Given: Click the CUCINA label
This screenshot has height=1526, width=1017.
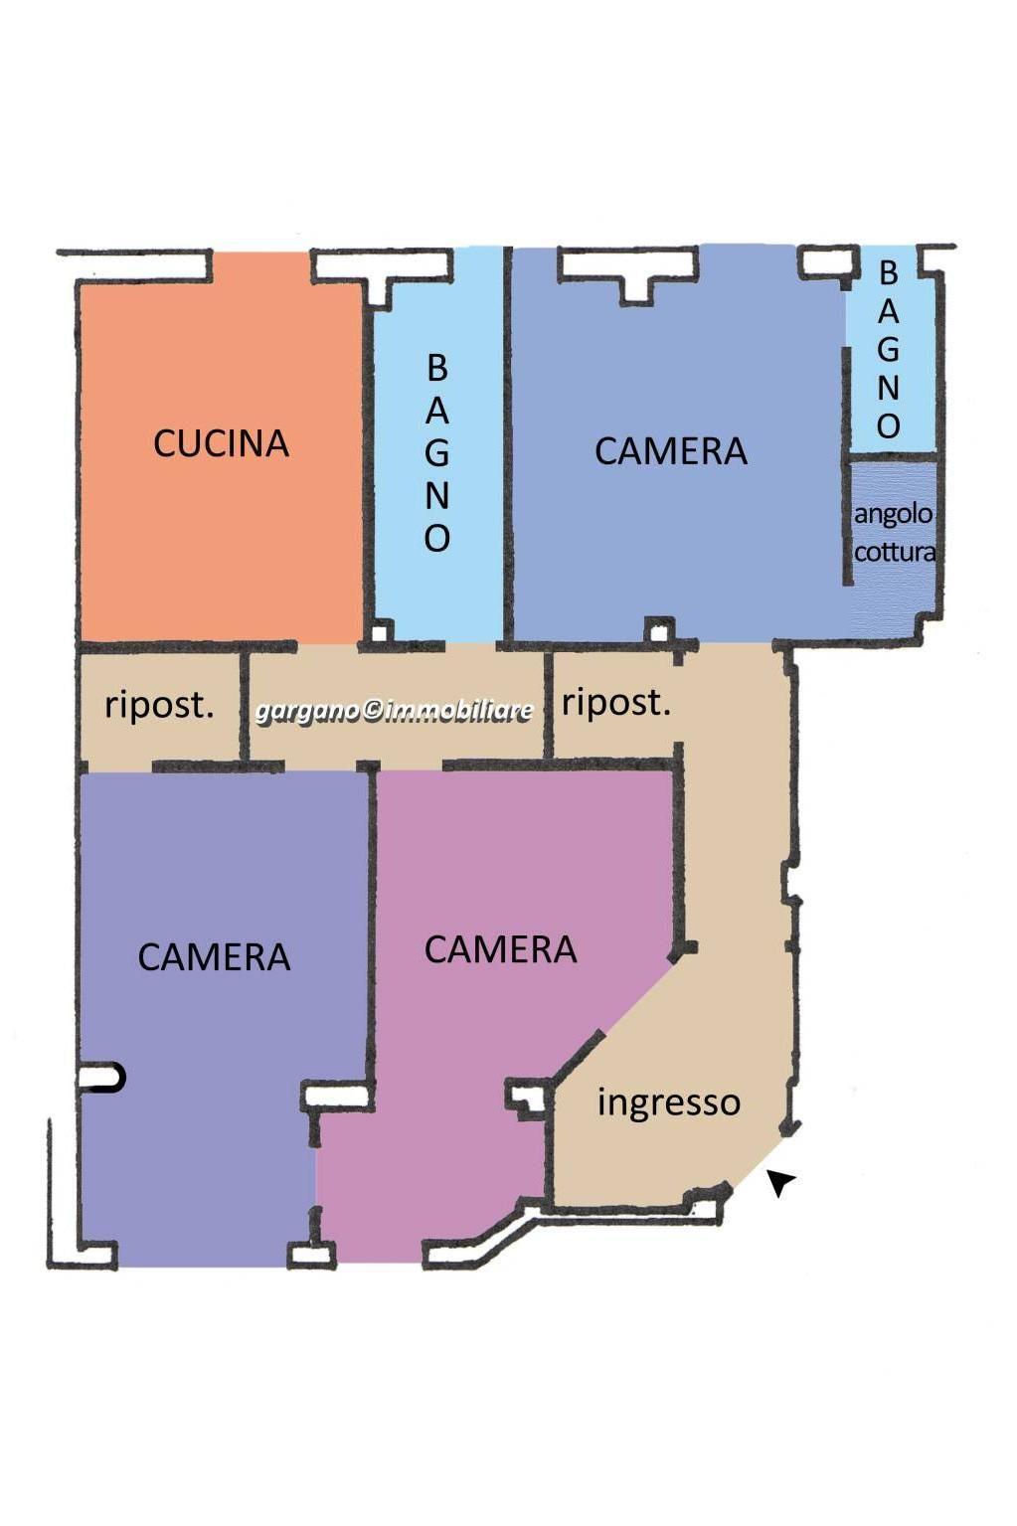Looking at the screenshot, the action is point(221,443).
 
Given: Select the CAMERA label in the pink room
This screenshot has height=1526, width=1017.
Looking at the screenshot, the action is point(501,949).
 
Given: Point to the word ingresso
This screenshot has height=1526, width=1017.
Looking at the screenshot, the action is point(669,1102).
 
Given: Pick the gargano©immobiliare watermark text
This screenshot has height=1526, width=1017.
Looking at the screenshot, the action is point(394,711).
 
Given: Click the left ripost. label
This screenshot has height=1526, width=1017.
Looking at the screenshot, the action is point(159,706).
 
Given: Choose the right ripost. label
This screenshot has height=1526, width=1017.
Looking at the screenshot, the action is point(615,703).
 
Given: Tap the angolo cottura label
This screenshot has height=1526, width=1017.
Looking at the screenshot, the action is point(895,532).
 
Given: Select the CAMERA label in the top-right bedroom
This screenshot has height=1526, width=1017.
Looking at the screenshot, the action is point(671,451).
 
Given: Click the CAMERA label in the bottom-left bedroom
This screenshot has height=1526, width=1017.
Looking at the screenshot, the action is point(214,957).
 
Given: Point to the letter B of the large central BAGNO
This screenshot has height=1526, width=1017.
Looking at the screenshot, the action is point(437,369).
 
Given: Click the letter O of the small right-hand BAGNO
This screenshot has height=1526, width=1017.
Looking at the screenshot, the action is point(888,426).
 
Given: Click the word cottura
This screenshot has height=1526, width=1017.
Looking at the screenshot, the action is point(895,551).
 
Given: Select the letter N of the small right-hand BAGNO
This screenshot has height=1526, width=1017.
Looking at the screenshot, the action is point(888,389).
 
